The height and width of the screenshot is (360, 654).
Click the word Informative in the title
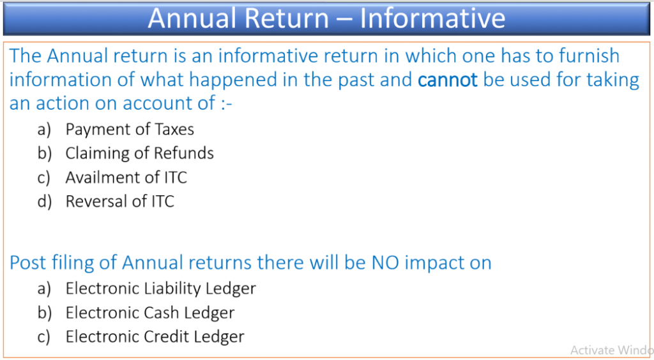[x=432, y=19]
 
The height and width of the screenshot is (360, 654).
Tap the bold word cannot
[x=448, y=80]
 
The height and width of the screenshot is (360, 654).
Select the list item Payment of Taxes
[x=130, y=130]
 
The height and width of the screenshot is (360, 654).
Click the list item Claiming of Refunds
[x=140, y=153]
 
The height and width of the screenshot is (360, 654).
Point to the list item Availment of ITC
[x=126, y=177]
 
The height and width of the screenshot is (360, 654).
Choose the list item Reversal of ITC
[x=119, y=201]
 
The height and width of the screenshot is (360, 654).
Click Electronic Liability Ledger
[x=160, y=289]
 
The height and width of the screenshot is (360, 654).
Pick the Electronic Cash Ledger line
[x=150, y=313]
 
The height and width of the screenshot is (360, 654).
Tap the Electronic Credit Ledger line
[x=155, y=336]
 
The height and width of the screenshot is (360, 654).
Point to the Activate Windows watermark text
[x=612, y=350]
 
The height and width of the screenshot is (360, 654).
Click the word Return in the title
[x=287, y=19]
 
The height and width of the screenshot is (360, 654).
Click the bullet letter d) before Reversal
[x=44, y=202]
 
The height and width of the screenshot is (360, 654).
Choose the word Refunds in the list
[x=184, y=153]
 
